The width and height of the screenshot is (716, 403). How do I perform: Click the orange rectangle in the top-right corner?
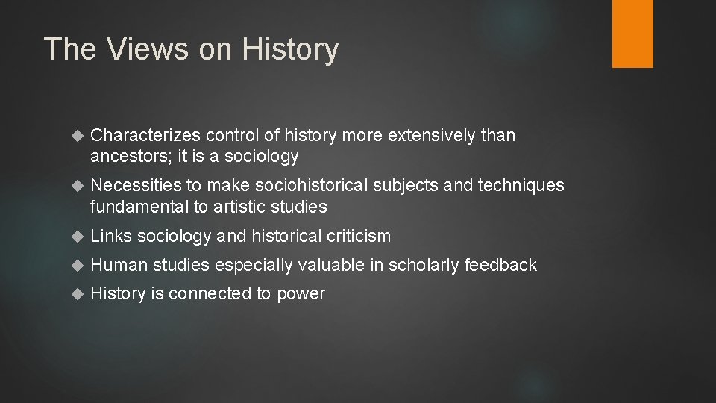point(632,34)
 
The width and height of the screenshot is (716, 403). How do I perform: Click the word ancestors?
point(122,156)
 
